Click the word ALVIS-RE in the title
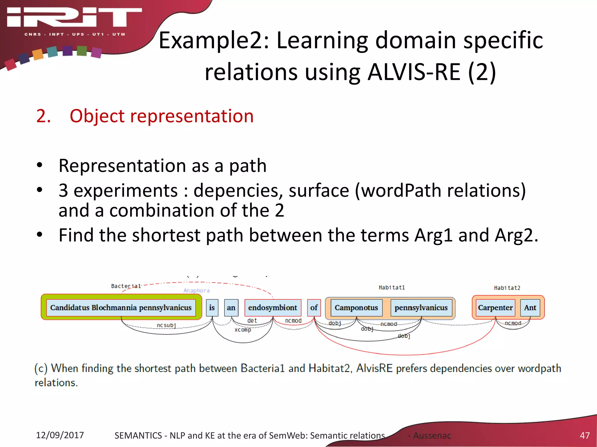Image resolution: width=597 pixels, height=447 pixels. [414, 72]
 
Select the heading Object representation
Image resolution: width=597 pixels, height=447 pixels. [161, 116]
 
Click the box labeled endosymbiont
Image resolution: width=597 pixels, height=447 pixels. [273, 308]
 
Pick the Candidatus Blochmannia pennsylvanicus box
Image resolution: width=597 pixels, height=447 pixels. [121, 308]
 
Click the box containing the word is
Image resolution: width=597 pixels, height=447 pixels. [212, 308]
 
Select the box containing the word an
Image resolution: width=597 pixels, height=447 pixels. [231, 308]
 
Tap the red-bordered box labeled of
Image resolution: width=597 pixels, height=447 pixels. [314, 308]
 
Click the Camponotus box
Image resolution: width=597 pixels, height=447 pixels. [356, 308]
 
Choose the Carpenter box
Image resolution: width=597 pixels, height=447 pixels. [495, 308]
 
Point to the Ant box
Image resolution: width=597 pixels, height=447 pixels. [530, 308]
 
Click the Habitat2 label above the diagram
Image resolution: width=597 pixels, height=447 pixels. [507, 288]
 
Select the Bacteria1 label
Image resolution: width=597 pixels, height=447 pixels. [126, 286]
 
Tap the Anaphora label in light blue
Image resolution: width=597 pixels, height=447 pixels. [196, 290]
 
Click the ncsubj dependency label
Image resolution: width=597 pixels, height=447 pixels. [166, 325]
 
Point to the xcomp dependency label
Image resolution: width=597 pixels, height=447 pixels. [243, 330]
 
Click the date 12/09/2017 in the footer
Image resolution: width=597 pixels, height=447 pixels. [60, 435]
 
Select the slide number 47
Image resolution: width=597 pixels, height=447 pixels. [584, 435]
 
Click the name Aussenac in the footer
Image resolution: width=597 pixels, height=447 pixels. [432, 436]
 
